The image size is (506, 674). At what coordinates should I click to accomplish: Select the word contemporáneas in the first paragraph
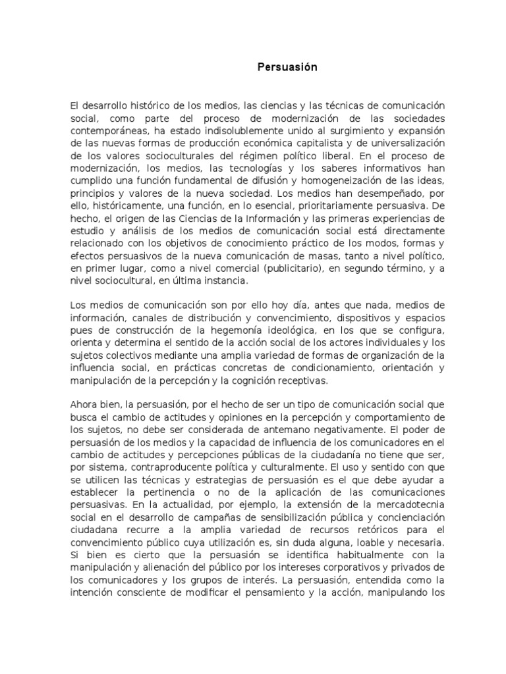(107, 130)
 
